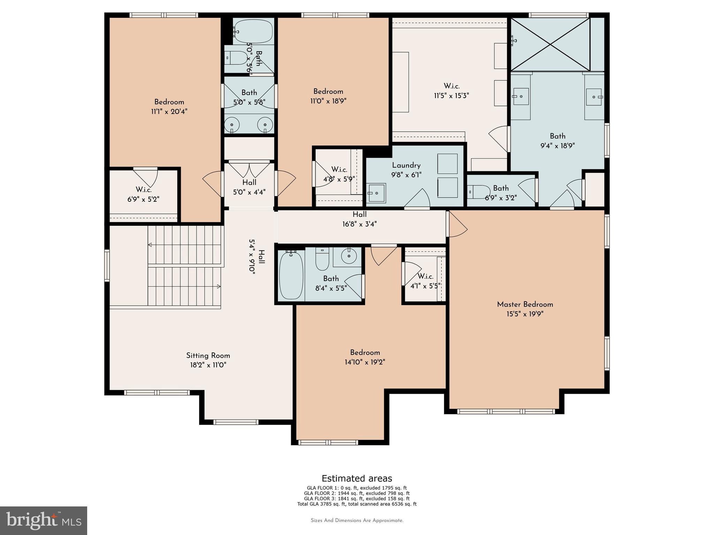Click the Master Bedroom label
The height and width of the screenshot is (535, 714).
click(525, 304)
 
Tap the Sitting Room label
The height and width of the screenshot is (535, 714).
click(208, 356)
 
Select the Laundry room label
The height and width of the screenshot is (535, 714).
click(406, 165)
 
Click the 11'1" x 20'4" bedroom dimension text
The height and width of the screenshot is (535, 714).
click(169, 112)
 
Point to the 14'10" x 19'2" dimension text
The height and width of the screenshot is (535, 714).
click(365, 362)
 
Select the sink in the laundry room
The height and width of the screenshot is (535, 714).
click(376, 193)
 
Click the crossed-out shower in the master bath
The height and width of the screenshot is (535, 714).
click(550, 44)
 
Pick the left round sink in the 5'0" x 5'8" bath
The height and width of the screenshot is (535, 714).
click(231, 124)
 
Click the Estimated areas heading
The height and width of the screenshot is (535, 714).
click(357, 478)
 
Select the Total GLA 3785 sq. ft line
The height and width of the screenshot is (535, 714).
click(357, 504)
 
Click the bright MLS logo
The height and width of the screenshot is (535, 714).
click(43, 520)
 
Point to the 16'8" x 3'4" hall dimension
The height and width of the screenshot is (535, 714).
click(359, 224)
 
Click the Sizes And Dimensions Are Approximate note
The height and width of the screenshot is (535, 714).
click(357, 520)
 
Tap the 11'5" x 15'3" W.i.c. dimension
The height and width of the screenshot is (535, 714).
click(451, 96)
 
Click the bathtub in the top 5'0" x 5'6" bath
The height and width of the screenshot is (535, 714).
click(253, 31)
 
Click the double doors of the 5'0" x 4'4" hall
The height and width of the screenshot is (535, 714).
click(249, 169)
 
